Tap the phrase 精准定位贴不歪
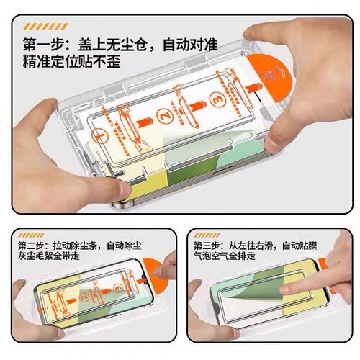(71, 60)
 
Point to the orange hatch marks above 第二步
(33, 235)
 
